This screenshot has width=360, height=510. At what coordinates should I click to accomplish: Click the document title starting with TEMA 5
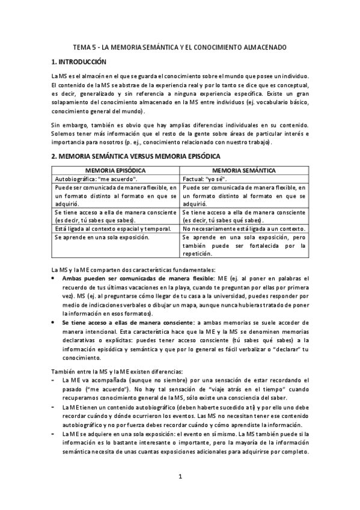(x=180, y=46)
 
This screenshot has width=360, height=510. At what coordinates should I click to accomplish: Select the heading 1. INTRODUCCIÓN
(x=78, y=61)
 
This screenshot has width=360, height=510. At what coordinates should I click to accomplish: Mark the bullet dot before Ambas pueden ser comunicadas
(x=55, y=278)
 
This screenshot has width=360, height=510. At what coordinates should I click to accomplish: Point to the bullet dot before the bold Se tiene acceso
(x=55, y=322)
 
